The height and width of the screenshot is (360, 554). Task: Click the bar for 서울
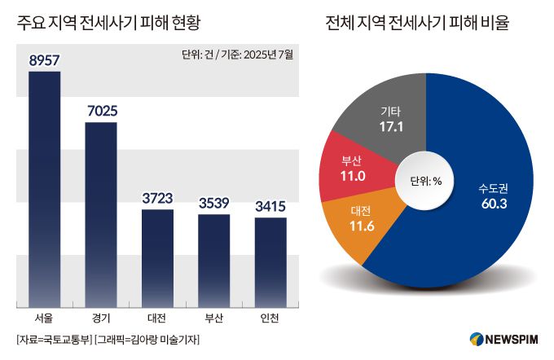pos(45,187)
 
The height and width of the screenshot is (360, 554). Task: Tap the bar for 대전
pos(157,257)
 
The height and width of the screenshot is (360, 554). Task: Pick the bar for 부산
pos(214,259)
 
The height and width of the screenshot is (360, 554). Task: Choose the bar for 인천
pos(270,261)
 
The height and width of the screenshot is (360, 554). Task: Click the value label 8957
pos(45,60)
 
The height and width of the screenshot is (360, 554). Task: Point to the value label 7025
pos(101,110)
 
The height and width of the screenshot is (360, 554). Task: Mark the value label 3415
pos(270,206)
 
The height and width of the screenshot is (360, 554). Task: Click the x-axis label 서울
pos(45,317)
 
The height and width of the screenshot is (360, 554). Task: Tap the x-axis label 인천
pos(270,317)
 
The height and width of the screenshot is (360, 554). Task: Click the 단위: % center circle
pos(424,181)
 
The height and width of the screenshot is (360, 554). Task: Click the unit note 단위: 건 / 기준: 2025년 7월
pos(238,56)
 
